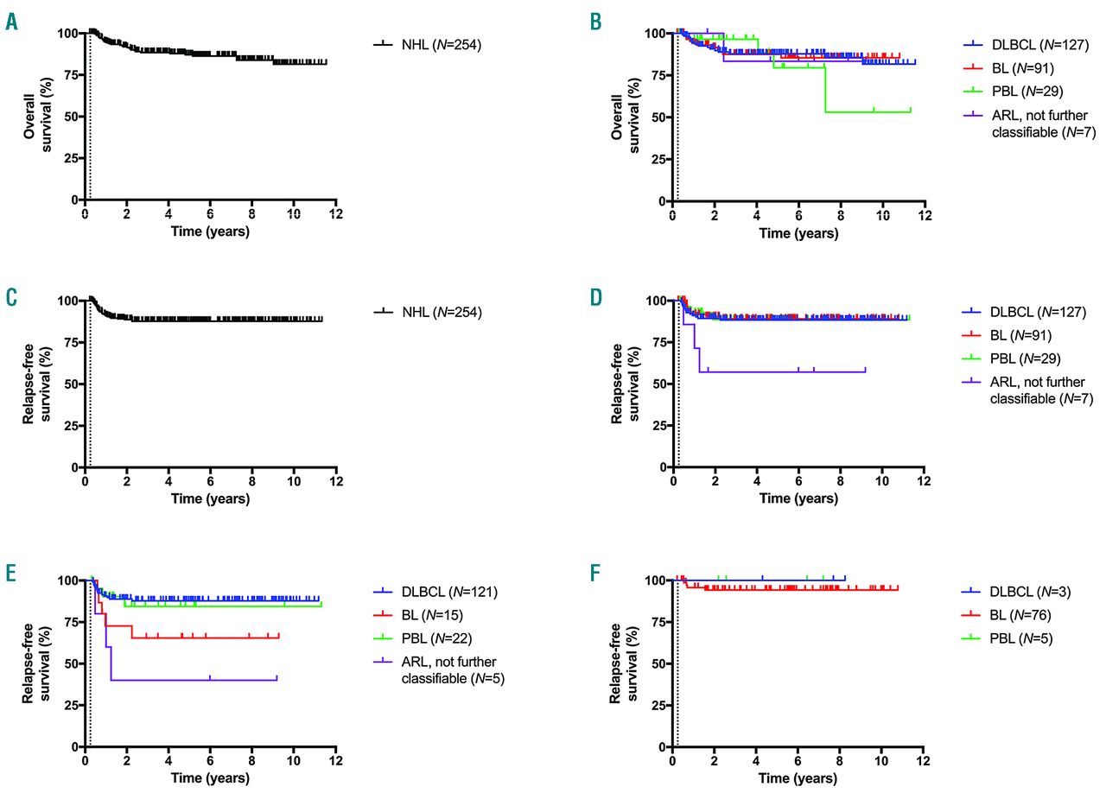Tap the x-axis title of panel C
tap(210, 498)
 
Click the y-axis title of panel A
tap(36, 117)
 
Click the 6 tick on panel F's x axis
tap(798, 762)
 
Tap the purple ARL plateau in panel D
tap(778, 372)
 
